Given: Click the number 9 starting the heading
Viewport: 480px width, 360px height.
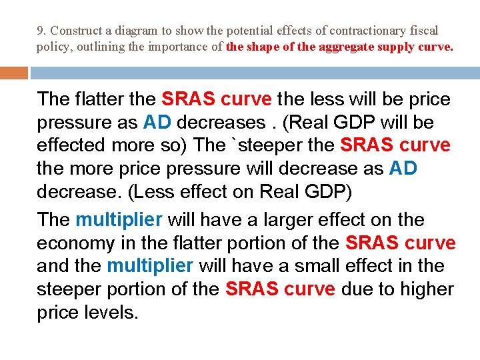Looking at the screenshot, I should click(x=40, y=31).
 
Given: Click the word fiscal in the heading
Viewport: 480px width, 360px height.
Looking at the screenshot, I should click(x=424, y=31).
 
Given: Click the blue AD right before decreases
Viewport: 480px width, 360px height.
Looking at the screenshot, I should click(x=157, y=123).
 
